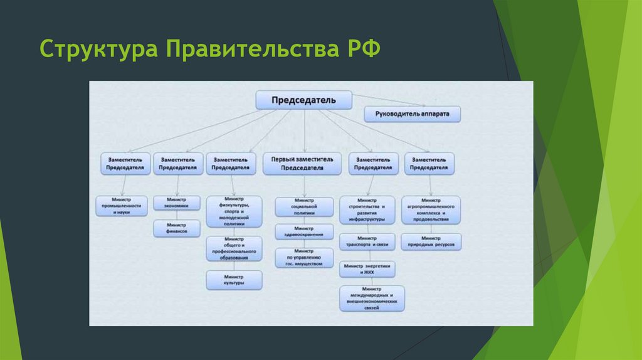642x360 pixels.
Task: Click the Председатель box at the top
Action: (303, 100)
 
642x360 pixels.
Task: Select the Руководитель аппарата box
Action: (412, 114)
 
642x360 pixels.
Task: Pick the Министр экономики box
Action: (177, 203)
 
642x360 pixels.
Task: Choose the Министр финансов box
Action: (177, 228)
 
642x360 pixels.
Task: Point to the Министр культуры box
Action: (234, 280)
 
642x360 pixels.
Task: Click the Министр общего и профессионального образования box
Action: (234, 248)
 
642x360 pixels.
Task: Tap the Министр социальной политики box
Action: (303, 206)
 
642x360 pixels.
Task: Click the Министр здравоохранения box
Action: (303, 232)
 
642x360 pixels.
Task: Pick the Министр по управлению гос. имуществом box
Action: (303, 258)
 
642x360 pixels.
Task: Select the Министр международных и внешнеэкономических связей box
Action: (372, 299)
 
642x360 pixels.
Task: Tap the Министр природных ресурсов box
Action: (431, 241)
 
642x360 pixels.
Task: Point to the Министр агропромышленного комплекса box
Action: (431, 209)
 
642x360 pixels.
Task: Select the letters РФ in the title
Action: (360, 49)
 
